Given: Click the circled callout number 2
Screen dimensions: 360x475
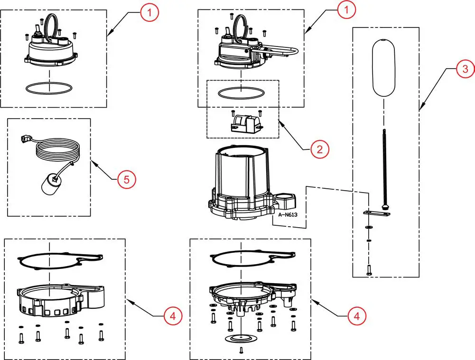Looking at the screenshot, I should (x=319, y=149).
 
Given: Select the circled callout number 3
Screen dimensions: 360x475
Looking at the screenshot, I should (x=465, y=69).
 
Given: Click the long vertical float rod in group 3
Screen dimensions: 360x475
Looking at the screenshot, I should (x=384, y=166).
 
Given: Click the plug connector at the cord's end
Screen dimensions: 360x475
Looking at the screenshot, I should (x=25, y=139).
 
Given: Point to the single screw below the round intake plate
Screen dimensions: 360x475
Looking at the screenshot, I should (x=242, y=350).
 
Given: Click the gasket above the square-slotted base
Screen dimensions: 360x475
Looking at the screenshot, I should (x=57, y=260).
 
